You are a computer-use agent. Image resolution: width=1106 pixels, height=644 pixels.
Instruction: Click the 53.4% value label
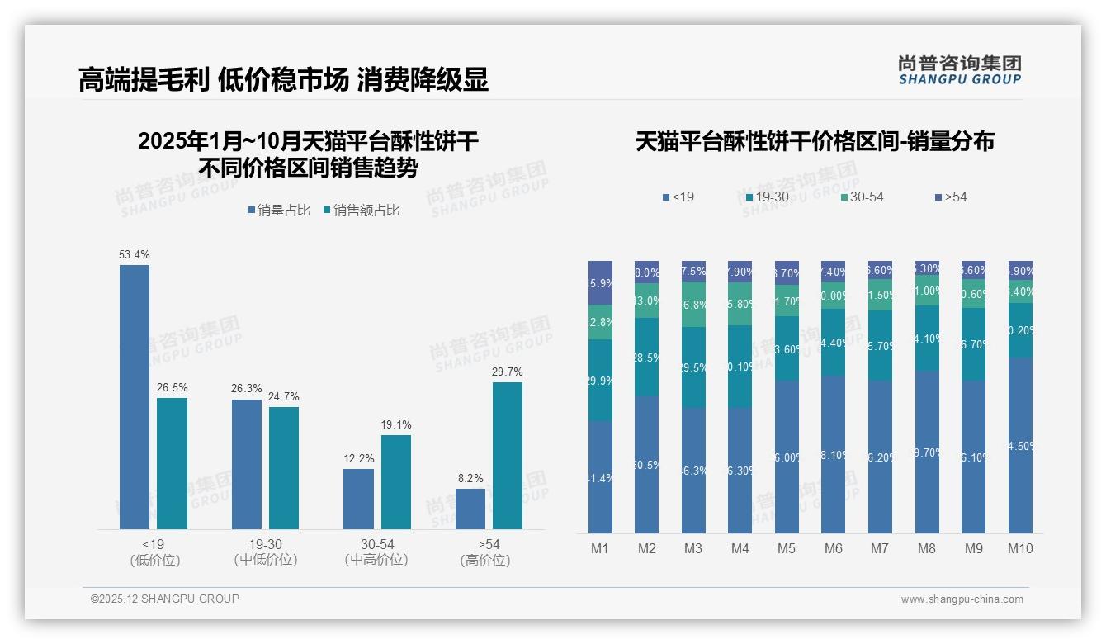pyautogui.click(x=135, y=254)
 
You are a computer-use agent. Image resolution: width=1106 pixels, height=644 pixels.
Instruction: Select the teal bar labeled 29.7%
pyautogui.click(x=508, y=455)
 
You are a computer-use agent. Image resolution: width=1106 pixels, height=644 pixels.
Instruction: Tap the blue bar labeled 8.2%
pyautogui.click(x=470, y=509)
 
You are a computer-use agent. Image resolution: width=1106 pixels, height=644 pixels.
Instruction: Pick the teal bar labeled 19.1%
pyautogui.click(x=396, y=481)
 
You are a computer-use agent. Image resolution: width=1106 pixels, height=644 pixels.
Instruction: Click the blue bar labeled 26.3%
pyautogui.click(x=247, y=464)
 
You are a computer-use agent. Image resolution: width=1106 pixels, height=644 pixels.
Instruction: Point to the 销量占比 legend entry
pyautogui.click(x=279, y=211)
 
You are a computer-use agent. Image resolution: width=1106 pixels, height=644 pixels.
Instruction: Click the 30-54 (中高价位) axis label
pyautogui.click(x=377, y=552)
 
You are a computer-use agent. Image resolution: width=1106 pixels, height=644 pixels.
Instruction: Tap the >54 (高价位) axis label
pyautogui.click(x=489, y=552)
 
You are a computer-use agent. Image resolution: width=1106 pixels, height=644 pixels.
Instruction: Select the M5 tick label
pyautogui.click(x=787, y=548)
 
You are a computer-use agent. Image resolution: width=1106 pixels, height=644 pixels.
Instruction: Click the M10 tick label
pyautogui.click(x=1020, y=548)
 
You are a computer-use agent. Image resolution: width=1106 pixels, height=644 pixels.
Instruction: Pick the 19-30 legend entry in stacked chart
pyautogui.click(x=767, y=197)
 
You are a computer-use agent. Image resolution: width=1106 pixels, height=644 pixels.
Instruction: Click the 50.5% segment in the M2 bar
pyautogui.click(x=647, y=464)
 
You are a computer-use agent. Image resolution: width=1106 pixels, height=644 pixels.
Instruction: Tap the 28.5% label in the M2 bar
pyautogui.click(x=647, y=357)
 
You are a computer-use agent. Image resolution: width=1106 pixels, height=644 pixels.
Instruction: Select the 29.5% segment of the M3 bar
pyautogui.click(x=693, y=367)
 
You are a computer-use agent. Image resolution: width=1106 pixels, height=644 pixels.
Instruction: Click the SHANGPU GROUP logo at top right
pyautogui.click(x=959, y=69)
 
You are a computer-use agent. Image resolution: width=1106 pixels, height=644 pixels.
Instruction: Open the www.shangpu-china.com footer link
pyautogui.click(x=962, y=599)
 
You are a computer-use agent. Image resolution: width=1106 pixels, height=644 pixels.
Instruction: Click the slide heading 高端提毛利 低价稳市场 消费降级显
pyautogui.click(x=283, y=79)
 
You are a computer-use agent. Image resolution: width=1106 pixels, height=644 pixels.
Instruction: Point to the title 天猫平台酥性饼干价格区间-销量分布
pyautogui.click(x=815, y=141)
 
